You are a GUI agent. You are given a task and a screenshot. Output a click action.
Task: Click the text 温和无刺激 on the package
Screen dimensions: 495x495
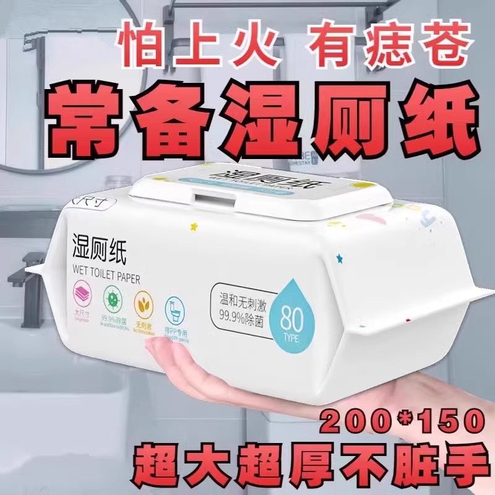tap(242, 303)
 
